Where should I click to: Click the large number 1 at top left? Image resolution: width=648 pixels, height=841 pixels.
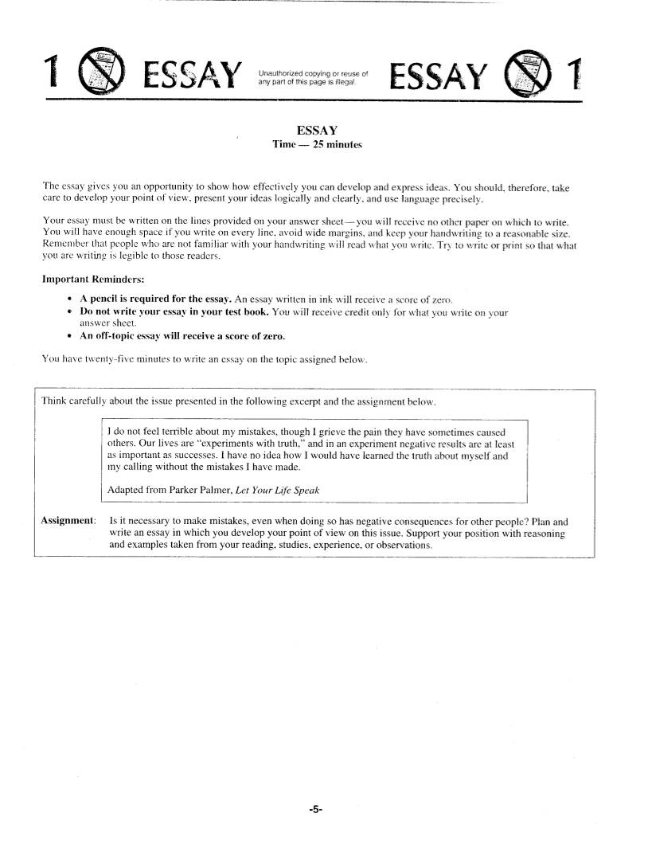(53, 75)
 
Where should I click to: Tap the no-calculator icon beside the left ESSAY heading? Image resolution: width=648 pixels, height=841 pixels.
(103, 74)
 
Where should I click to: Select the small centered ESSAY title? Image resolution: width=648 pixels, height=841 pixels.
(317, 131)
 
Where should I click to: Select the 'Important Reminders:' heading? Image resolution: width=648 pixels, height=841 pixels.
(88, 280)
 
